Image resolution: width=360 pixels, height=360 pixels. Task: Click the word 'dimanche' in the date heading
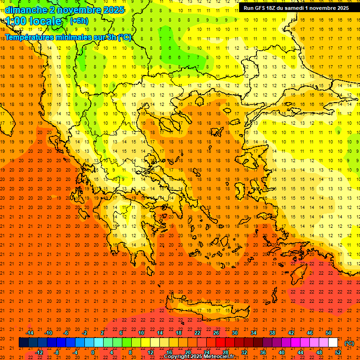coord(26,9)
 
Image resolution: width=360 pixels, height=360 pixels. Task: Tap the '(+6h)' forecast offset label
coord(79,21)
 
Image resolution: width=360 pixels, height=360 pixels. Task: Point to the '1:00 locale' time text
coord(34,21)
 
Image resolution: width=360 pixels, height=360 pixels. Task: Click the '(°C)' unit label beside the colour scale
coord(349,343)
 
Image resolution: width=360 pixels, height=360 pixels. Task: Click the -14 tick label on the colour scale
coord(30,333)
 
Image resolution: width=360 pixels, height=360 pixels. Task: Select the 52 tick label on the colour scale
coord(338,352)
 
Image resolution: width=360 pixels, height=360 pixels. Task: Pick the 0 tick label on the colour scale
coord(94,352)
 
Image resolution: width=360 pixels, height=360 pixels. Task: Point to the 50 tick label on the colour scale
coord(329,333)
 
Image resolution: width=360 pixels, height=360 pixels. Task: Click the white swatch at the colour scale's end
coord(333,343)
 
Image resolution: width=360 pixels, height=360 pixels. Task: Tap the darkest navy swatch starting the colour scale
coord(23,343)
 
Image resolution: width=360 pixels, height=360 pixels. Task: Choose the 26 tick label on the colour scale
coord(216,333)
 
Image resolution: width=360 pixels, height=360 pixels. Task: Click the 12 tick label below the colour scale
coord(150,352)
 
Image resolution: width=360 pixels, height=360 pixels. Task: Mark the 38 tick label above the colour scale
coord(272,333)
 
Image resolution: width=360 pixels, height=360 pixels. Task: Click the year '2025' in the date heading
coord(114,9)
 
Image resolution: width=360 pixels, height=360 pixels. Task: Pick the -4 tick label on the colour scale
coord(75,352)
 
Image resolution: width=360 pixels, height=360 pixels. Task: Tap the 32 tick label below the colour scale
coord(244,352)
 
